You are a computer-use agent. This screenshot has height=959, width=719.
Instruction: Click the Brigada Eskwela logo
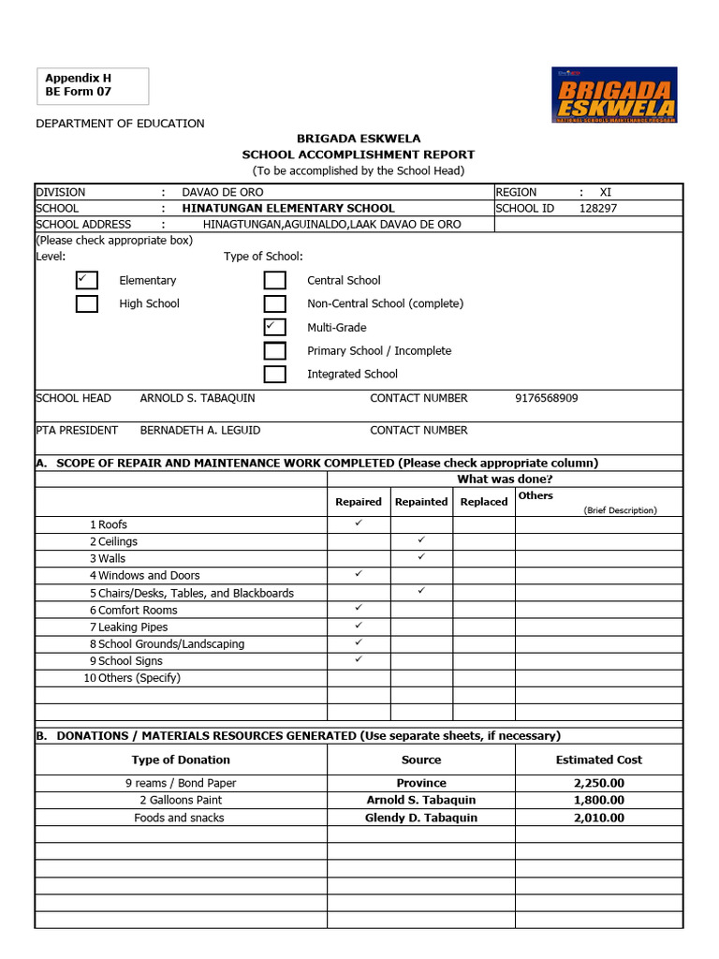pyautogui.click(x=614, y=95)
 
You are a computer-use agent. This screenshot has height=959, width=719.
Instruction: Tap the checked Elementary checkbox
pyautogui.click(x=87, y=280)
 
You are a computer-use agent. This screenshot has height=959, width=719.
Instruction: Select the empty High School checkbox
pyautogui.click(x=87, y=303)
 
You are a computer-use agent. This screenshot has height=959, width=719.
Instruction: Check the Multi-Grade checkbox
pyautogui.click(x=274, y=327)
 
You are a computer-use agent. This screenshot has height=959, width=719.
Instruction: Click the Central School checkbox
pyautogui.click(x=274, y=280)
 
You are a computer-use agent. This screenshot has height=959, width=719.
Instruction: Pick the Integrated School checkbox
pyautogui.click(x=274, y=374)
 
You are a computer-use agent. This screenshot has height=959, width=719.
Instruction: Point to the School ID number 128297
pyautogui.click(x=598, y=208)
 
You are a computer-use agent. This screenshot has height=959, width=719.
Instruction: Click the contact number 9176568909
pyautogui.click(x=546, y=398)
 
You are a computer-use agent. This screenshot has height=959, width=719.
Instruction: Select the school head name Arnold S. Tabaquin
pyautogui.click(x=197, y=398)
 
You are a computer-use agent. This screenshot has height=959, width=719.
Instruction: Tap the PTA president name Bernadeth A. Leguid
pyautogui.click(x=199, y=430)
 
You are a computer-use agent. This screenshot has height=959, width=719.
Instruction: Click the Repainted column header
pyautogui.click(x=421, y=502)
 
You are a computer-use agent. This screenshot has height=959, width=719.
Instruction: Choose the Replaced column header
pyautogui.click(x=484, y=502)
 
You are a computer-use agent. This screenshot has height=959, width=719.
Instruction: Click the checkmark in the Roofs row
pyautogui.click(x=359, y=523)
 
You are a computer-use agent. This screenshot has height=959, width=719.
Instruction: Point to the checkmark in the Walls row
pyautogui.click(x=421, y=557)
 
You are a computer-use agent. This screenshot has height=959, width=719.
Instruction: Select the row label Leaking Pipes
pyautogui.click(x=133, y=627)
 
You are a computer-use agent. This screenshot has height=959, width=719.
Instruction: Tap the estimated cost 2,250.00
pyautogui.click(x=598, y=783)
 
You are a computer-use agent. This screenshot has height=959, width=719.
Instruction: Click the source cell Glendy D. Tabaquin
pyautogui.click(x=421, y=818)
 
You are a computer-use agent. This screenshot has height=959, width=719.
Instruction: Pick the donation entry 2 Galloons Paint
pyautogui.click(x=181, y=800)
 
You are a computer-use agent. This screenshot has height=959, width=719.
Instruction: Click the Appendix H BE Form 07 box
pyautogui.click(x=92, y=86)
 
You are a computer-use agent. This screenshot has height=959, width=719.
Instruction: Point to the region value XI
pyautogui.click(x=605, y=192)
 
